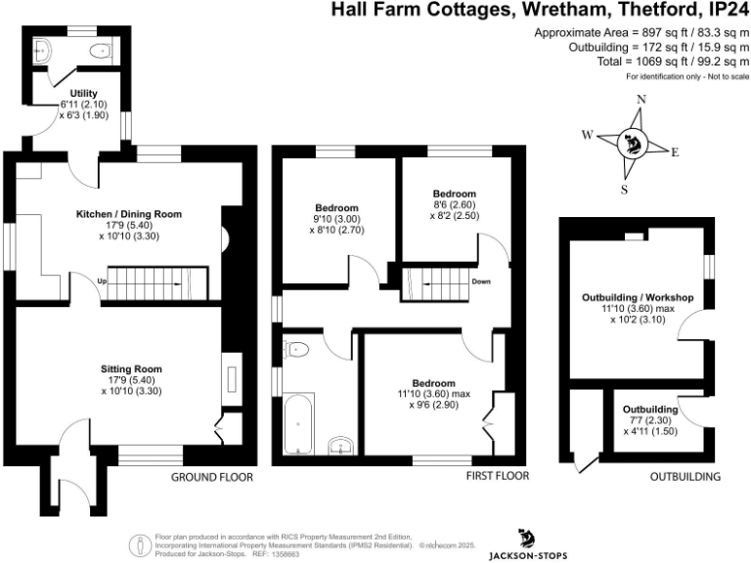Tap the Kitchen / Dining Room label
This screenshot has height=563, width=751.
click(129, 213)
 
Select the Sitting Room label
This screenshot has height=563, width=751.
click(129, 368)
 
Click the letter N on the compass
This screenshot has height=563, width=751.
click(641, 100)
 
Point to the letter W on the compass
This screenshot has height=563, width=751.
click(588, 136)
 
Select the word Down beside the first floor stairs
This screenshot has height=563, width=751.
click(480, 281)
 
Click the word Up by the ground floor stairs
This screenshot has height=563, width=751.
click(101, 282)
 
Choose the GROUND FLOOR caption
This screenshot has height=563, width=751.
click(212, 478)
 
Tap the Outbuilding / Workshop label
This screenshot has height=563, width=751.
click(637, 297)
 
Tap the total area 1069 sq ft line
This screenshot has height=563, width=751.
click(667, 62)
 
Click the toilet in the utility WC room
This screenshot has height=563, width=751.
click(98, 50)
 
